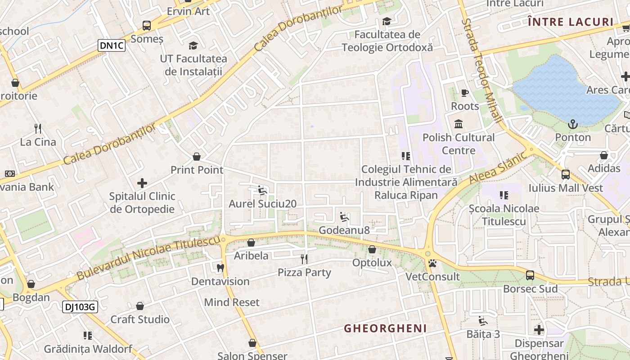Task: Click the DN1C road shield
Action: point(112,45)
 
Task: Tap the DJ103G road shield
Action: point(80,307)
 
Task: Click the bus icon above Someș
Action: point(147,26)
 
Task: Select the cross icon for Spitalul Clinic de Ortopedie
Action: point(142,183)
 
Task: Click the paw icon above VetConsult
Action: point(432,263)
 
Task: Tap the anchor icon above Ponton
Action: point(573,124)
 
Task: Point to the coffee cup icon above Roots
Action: point(465,93)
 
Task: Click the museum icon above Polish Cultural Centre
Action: point(459,124)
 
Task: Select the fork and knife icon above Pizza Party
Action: point(305,259)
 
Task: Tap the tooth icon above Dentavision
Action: point(220,268)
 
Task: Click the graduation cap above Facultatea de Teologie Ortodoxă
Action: point(387,21)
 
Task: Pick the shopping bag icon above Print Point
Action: point(197,157)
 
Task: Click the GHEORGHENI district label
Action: point(385,328)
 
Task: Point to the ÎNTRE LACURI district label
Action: point(571,22)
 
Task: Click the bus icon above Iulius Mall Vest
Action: point(566,174)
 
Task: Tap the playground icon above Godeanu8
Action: point(344,217)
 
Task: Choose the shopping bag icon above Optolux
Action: point(372,249)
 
